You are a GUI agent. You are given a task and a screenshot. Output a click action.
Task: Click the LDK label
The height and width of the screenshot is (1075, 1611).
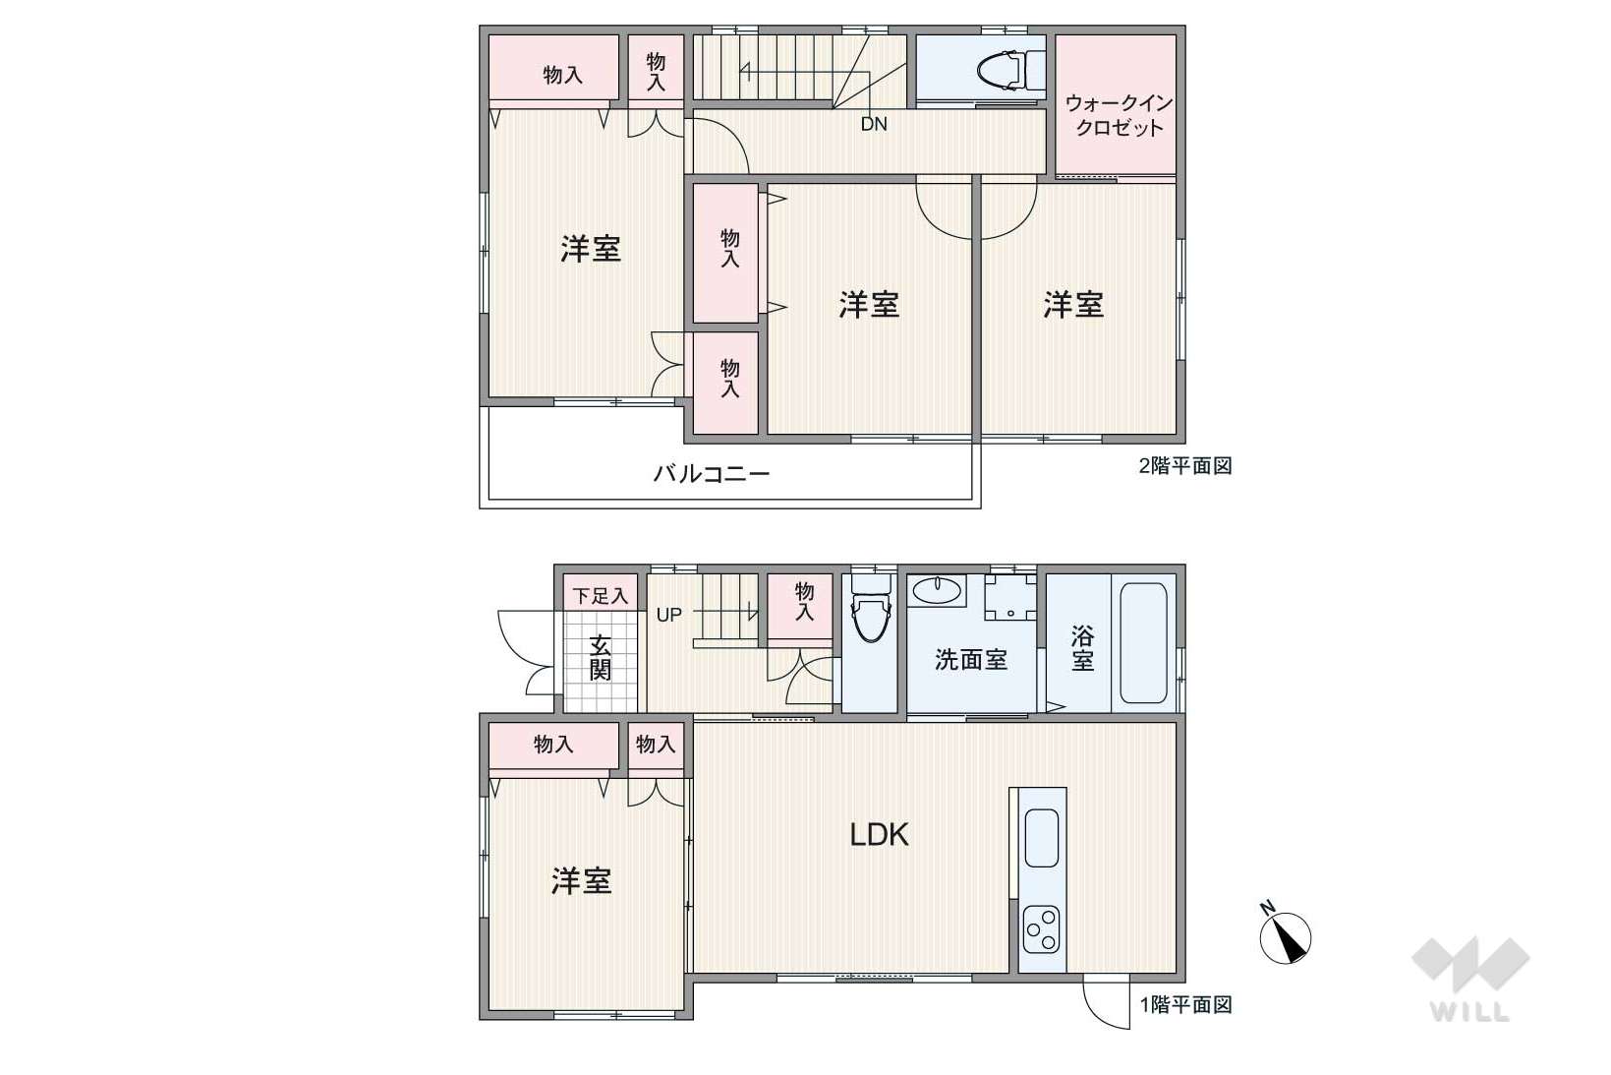click(879, 835)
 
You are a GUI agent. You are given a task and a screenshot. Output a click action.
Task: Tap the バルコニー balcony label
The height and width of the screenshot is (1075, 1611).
click(712, 473)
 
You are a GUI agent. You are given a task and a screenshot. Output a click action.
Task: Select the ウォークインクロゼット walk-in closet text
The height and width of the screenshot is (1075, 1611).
click(1120, 116)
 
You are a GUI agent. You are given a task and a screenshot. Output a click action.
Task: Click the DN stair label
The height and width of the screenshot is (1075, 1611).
click(874, 124)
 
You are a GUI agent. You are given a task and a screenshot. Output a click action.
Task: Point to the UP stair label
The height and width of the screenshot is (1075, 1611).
click(668, 616)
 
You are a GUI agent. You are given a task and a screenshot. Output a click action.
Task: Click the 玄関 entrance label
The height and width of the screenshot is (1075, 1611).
click(600, 657)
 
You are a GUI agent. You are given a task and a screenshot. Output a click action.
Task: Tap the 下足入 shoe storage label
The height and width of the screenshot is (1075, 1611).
click(600, 596)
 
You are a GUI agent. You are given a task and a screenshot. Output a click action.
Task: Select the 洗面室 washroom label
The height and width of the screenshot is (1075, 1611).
click(971, 659)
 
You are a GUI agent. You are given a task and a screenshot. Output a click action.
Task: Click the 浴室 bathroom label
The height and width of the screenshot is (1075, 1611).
click(1082, 648)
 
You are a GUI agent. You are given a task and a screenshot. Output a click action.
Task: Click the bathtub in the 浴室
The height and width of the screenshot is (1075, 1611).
click(1143, 643)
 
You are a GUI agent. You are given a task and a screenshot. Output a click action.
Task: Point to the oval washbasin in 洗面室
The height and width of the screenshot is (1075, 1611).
click(937, 591)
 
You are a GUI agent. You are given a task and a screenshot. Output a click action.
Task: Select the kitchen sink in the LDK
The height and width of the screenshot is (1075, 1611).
click(1041, 838)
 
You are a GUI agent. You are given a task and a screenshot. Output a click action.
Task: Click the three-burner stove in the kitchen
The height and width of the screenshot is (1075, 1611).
click(1041, 928)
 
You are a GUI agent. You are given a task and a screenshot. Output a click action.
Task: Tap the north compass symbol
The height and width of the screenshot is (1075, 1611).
click(1286, 934)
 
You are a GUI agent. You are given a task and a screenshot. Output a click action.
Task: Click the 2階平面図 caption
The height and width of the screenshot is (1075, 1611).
click(1185, 465)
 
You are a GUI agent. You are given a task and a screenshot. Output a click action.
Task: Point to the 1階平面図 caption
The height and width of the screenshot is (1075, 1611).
click(1186, 1004)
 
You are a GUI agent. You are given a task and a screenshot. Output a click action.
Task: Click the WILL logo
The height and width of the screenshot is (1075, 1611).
click(1470, 978)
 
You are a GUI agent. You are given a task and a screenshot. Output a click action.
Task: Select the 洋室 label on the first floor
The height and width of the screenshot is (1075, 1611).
click(581, 881)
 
